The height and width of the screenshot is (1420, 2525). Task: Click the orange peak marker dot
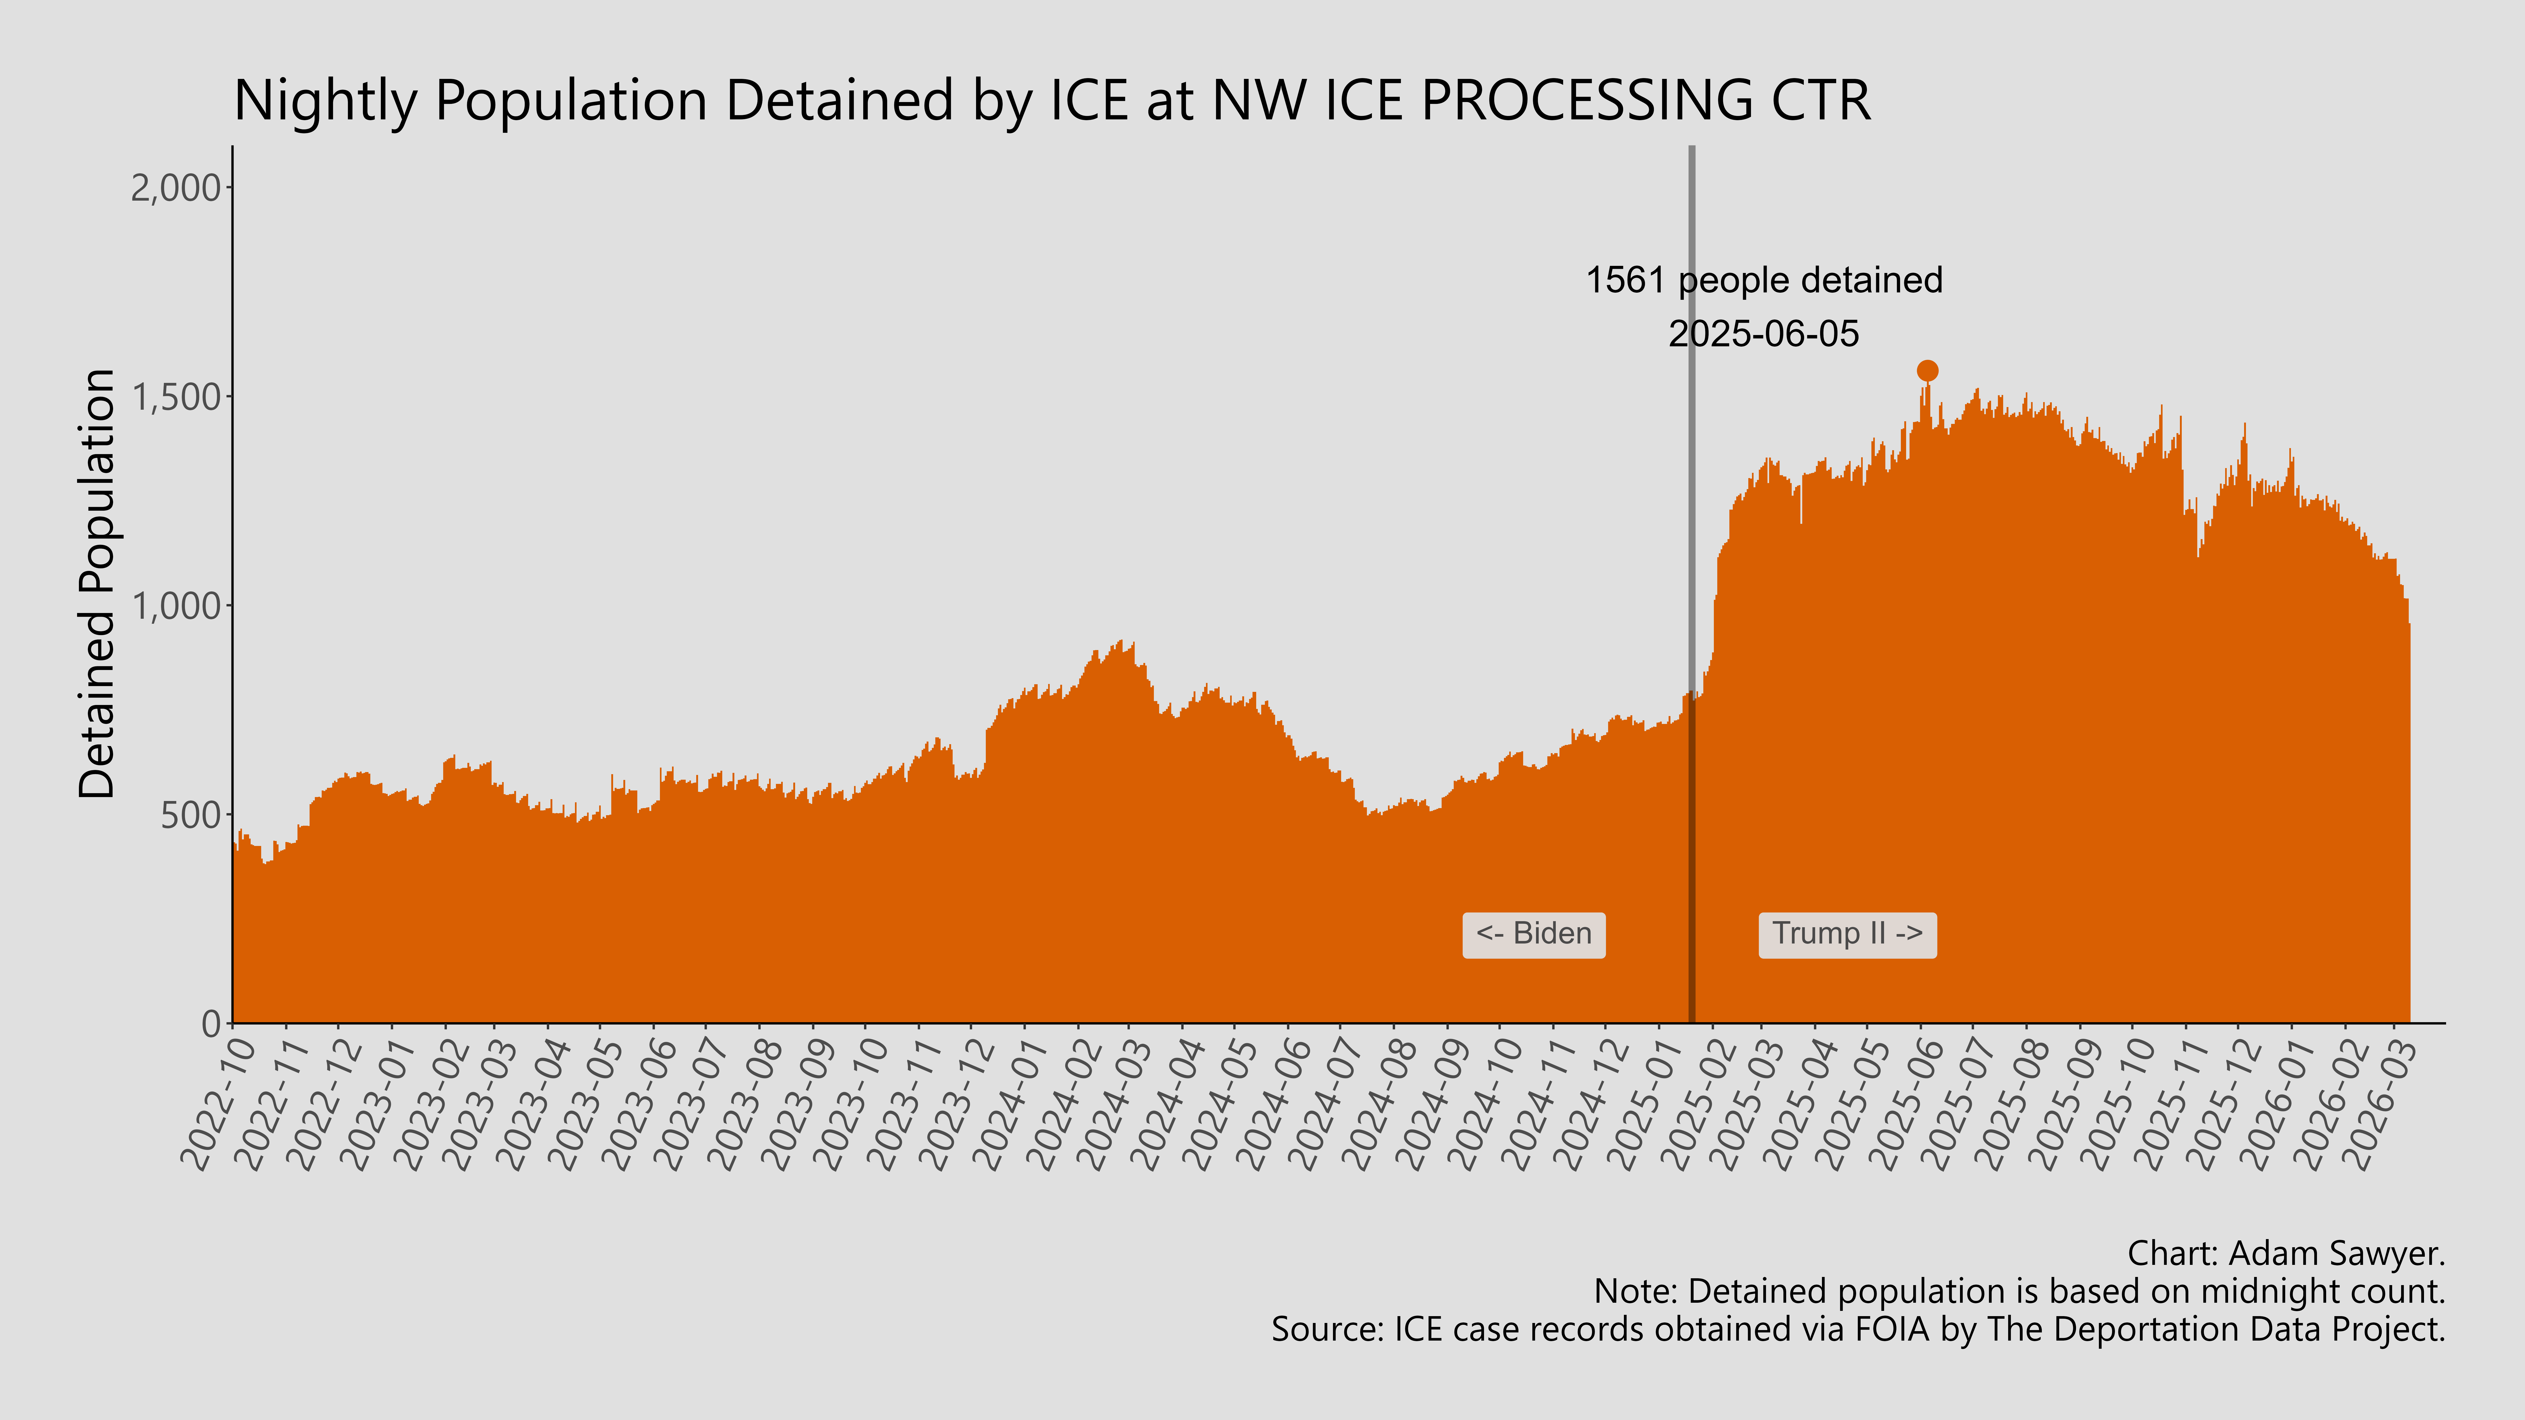pos(1927,371)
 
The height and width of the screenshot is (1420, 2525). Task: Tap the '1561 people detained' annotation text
pos(1763,280)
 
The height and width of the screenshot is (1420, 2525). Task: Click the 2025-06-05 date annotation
pos(1763,334)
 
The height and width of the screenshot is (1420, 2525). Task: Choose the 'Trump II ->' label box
pos(1847,934)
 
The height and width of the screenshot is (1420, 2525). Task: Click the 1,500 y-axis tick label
pos(176,397)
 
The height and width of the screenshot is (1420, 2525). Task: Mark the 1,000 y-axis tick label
pos(176,606)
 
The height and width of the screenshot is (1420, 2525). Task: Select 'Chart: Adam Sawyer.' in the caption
pos(2286,1253)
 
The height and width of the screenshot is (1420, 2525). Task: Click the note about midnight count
pos(2019,1292)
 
